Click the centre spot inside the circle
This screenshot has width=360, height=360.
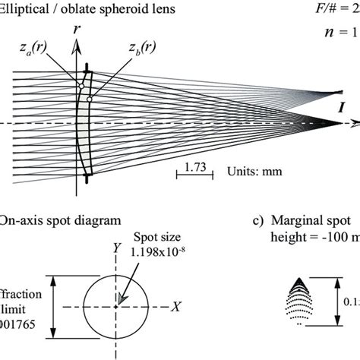point(117,306)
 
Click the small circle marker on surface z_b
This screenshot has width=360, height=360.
point(89,99)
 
